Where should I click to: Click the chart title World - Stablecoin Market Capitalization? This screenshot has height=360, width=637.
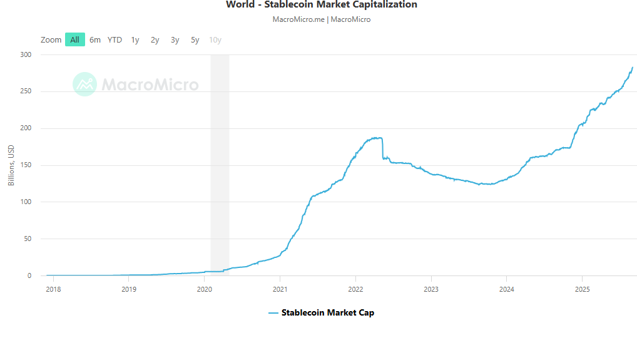tap(321, 5)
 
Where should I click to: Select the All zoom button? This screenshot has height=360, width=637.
tap(74, 39)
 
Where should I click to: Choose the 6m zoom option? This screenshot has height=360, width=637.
tap(95, 39)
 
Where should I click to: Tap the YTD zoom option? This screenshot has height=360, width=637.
tap(115, 39)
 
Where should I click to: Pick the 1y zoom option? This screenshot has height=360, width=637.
tap(135, 39)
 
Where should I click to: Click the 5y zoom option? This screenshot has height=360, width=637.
tap(195, 39)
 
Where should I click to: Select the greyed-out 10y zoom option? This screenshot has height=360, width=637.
tap(215, 39)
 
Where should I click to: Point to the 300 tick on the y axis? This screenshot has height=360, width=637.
tap(26, 55)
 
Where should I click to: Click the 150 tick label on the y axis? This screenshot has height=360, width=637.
tap(26, 165)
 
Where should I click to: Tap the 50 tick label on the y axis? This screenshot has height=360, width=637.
tap(28, 239)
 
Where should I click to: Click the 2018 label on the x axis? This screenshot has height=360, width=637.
tap(54, 289)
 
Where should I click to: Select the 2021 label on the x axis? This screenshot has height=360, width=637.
tap(280, 289)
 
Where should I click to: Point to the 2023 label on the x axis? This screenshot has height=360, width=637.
tap(431, 289)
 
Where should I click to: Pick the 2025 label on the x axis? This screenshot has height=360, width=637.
tap(582, 289)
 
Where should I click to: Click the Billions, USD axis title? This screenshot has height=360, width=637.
tap(11, 165)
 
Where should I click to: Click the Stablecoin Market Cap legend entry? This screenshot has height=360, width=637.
tap(321, 312)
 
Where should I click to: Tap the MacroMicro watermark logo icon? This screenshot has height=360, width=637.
tap(84, 85)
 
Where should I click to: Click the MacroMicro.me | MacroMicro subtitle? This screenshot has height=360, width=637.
tap(321, 19)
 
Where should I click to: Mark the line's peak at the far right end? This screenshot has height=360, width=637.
tap(632, 68)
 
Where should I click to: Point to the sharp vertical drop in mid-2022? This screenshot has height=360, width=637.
tap(382, 148)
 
